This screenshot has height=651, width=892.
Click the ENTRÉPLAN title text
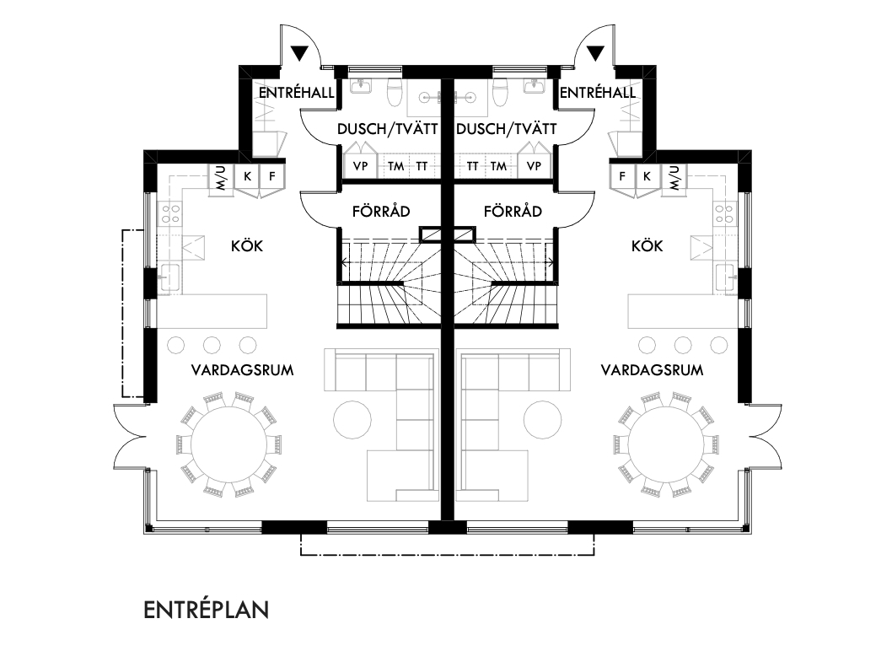pos(206,610)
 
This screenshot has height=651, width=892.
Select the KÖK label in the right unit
pos(647,246)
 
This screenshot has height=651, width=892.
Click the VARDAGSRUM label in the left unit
pos(242,370)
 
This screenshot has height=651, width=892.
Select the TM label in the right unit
pos(498,166)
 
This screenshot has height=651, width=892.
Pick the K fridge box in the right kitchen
pos(647,177)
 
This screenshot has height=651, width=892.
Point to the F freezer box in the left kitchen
pos(272,177)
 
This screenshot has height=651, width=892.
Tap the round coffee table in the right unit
pos(542,420)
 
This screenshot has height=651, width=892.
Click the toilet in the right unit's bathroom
pos(500,94)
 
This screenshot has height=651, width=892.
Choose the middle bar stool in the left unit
pos(212,344)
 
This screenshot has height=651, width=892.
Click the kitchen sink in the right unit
pos(725,276)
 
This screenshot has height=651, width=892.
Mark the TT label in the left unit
pos(422,166)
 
